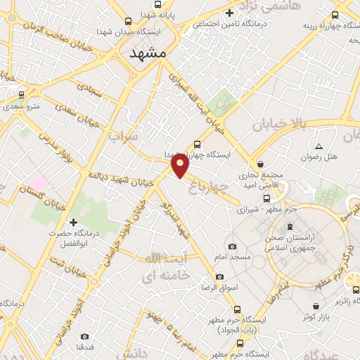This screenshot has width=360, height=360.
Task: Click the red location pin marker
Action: coord(180,166)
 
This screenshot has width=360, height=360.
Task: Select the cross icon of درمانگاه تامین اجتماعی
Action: coord(229,13)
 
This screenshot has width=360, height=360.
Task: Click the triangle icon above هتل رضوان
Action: coord(319,147)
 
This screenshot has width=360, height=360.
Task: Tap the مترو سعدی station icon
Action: coord(21,94)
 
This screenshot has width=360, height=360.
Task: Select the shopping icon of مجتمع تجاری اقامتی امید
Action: coord(261,163)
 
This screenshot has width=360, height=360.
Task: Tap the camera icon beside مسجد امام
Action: coord(233,246)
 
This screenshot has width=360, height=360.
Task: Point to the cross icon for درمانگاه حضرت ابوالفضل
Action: coord(72,222)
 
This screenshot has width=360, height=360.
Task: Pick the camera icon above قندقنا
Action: coord(84,337)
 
